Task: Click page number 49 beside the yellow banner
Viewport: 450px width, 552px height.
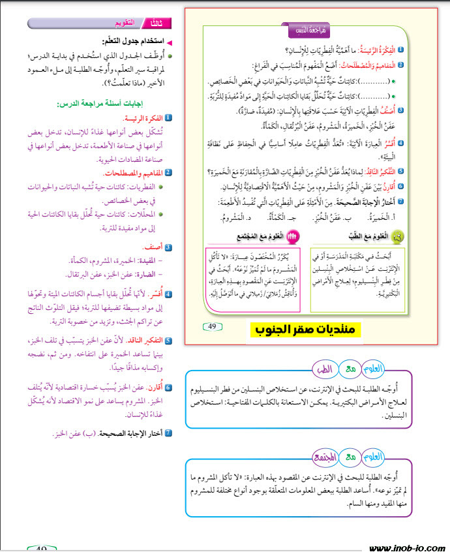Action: point(212,326)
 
